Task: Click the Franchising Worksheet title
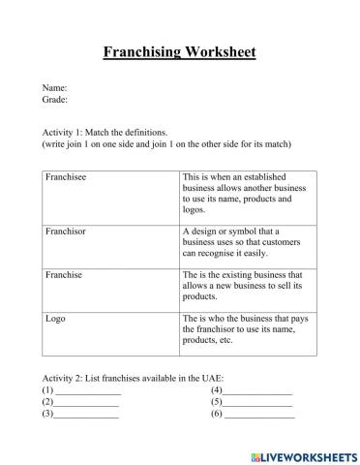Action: [x=179, y=51]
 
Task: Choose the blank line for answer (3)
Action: [x=86, y=415]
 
